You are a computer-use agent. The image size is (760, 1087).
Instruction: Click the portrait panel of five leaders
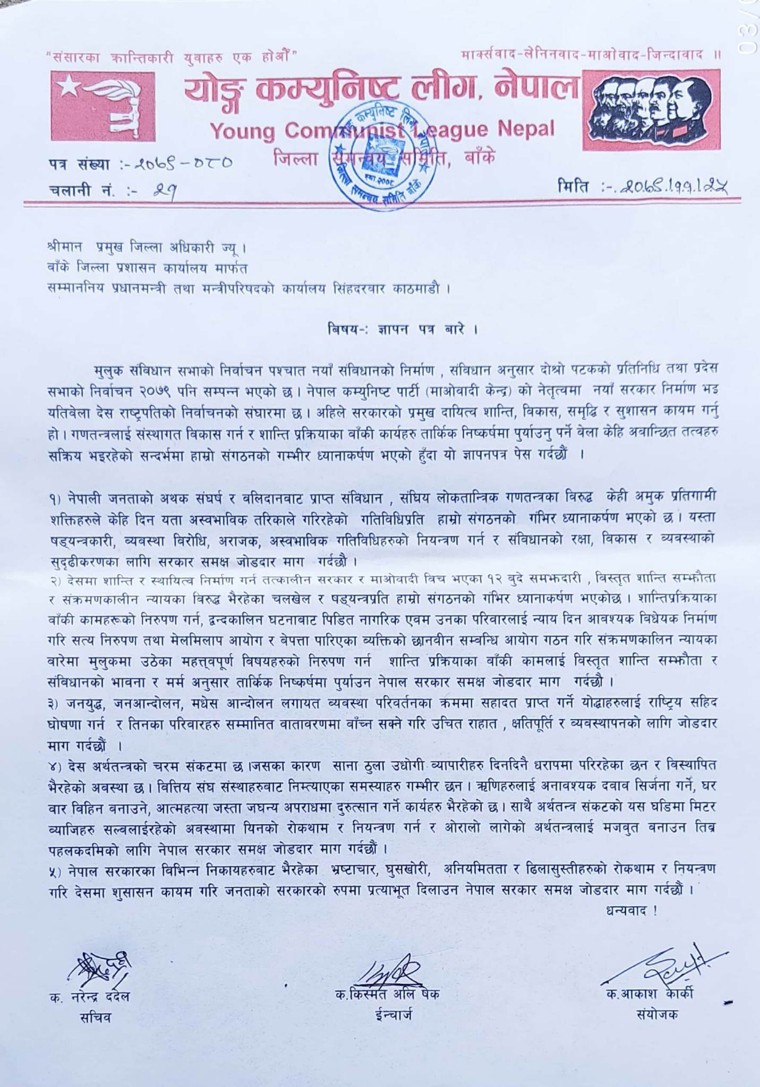point(652,109)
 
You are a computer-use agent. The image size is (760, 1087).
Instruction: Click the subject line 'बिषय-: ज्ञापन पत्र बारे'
point(402,330)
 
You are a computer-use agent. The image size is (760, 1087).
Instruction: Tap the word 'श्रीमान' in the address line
point(64,248)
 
